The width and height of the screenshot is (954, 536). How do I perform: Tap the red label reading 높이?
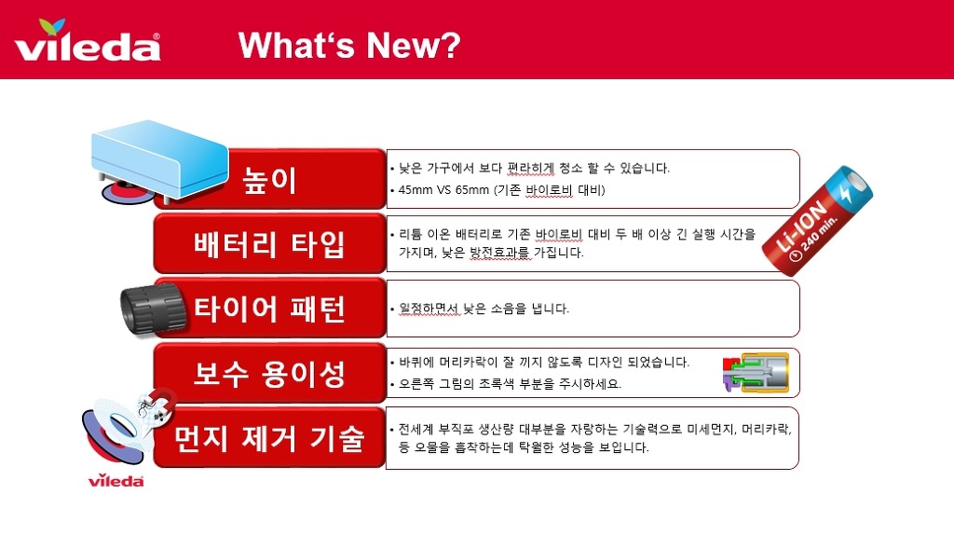[270, 179]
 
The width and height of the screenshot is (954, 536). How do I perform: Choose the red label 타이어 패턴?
[270, 309]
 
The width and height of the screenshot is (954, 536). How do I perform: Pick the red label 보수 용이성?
[270, 373]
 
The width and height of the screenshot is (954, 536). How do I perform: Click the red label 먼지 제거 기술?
[270, 437]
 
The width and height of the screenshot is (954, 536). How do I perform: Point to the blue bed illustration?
[159, 158]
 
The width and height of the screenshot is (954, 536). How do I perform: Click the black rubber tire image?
[153, 309]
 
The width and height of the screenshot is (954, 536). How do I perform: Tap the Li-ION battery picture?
[817, 220]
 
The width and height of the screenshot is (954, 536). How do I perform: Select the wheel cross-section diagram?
[756, 372]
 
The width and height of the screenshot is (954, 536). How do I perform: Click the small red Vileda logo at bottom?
[116, 481]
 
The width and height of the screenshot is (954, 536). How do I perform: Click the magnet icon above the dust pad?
[157, 403]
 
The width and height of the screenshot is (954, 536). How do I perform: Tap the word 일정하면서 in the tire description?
[429, 309]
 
